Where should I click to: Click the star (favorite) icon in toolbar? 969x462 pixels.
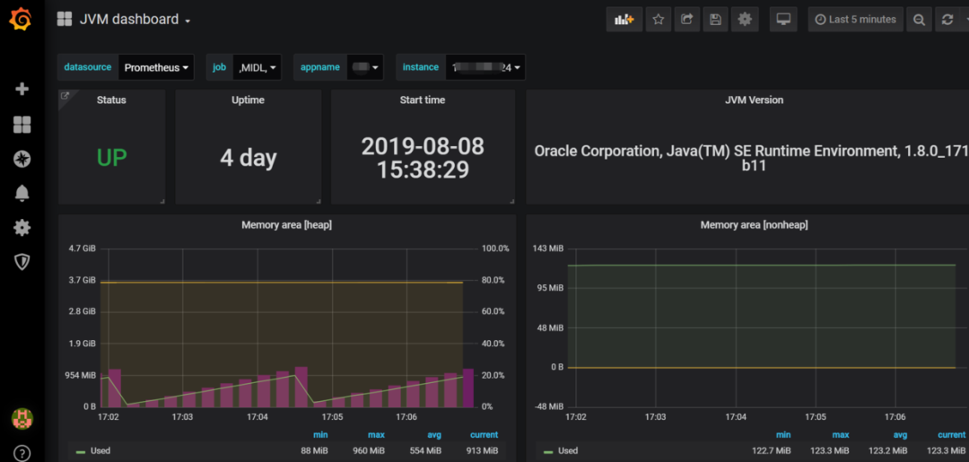point(659,20)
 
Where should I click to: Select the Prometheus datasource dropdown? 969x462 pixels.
point(157,67)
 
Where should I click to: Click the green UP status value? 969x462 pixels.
point(111,158)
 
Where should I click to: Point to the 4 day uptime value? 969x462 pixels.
point(248,158)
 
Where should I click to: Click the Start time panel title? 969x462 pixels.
point(422,100)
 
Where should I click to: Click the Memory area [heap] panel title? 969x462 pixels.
point(286,225)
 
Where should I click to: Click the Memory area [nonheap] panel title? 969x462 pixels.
point(754,225)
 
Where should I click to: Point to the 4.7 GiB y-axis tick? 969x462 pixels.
point(83,248)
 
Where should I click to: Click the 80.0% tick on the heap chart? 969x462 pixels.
point(494,280)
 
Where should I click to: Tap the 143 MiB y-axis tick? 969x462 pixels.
point(548,248)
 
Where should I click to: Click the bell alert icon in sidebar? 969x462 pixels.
point(22,193)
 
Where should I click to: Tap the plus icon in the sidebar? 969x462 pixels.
point(22,89)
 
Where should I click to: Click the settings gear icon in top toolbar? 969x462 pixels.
point(744,20)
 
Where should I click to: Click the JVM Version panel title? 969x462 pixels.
point(754,100)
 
